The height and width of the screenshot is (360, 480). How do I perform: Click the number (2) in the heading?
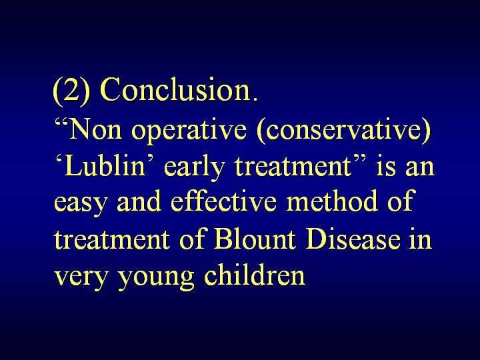(x=72, y=90)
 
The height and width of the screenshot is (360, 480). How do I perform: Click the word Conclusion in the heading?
(x=175, y=89)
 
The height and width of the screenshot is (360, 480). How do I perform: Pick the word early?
(x=194, y=168)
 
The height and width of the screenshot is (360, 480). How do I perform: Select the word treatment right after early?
(x=293, y=167)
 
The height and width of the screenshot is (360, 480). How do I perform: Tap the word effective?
(x=223, y=201)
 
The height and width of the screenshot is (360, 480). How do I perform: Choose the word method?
(x=332, y=201)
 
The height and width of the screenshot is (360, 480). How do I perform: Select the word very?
(x=81, y=277)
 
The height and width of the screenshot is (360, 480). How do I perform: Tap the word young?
(x=156, y=277)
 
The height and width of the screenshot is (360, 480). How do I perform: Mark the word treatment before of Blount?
(x=111, y=239)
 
